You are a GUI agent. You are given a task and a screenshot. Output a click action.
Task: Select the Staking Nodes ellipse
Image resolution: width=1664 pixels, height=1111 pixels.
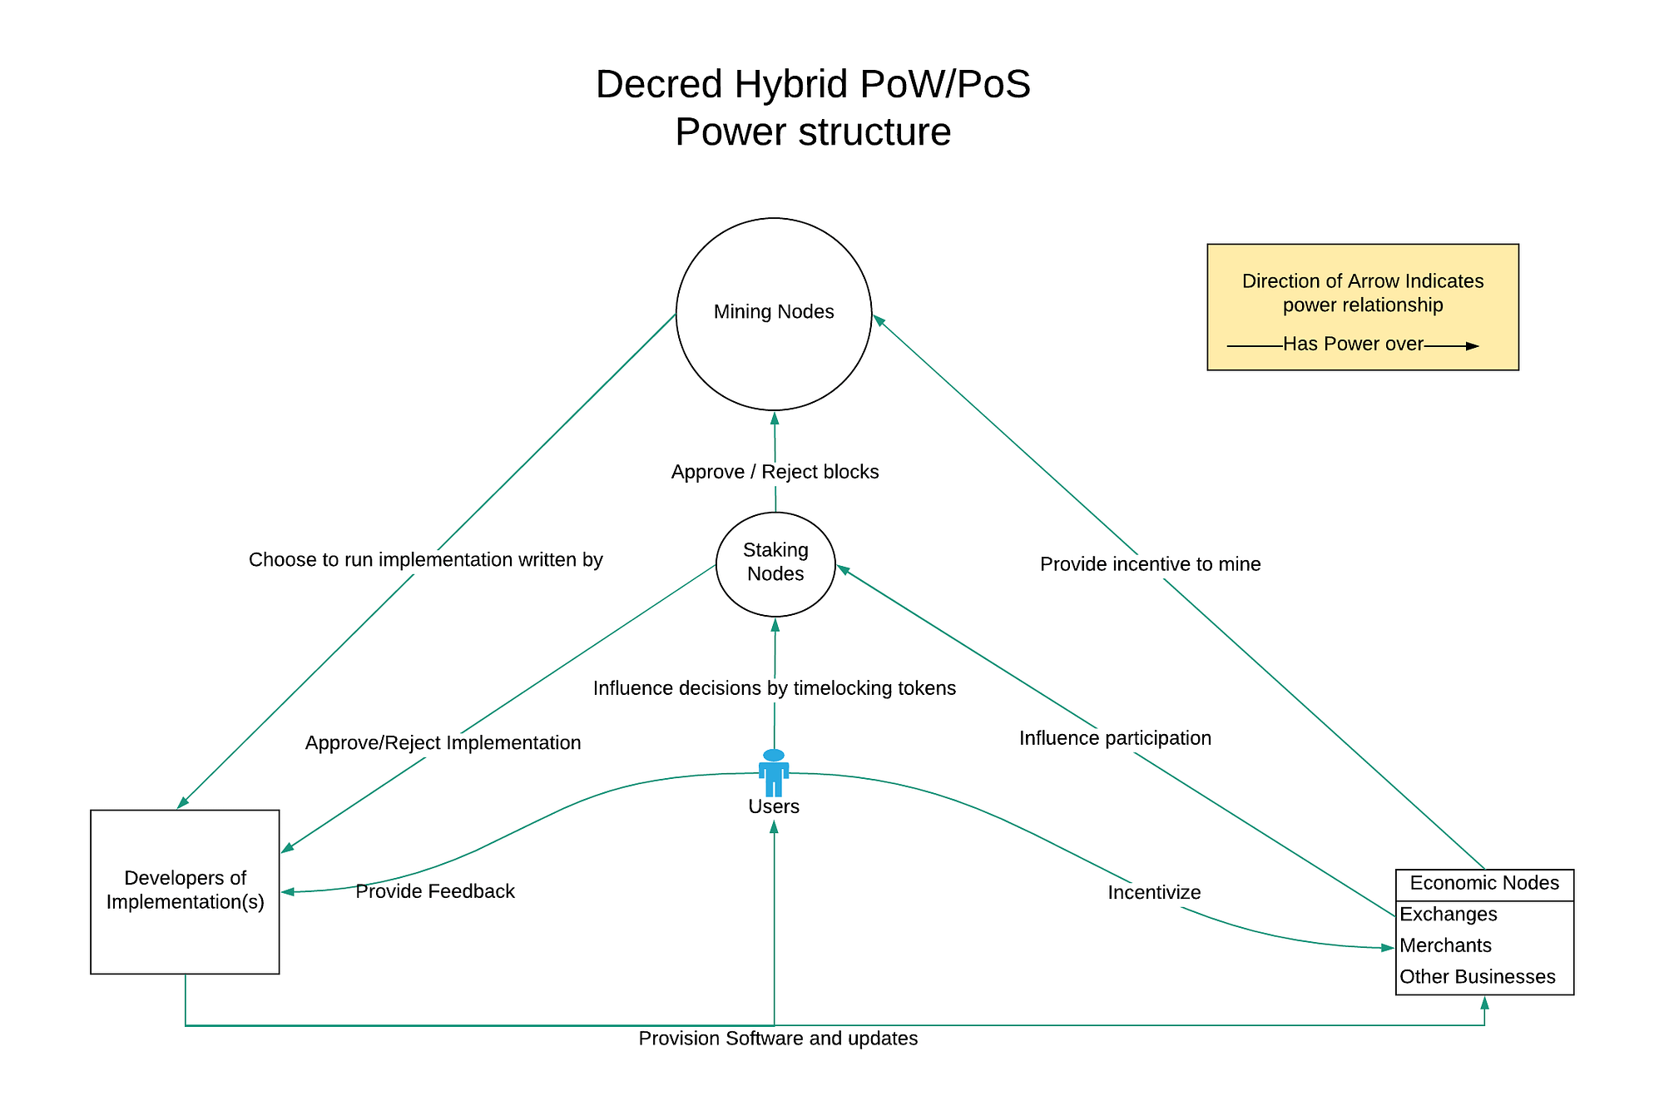[775, 563]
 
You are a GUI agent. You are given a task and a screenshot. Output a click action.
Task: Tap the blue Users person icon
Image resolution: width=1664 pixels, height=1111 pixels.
[774, 772]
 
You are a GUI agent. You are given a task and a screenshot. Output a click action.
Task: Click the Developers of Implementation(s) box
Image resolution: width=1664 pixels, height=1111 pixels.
[185, 891]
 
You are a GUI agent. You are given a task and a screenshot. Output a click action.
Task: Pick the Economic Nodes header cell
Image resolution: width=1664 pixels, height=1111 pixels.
[1484, 884]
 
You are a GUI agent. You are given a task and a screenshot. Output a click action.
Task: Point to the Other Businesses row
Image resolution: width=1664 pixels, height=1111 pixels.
[1477, 977]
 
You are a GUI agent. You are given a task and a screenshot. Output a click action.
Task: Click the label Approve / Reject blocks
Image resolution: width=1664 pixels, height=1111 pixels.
[775, 472]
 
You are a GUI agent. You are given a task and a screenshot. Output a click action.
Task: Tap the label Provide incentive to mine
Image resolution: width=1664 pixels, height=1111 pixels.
[1150, 564]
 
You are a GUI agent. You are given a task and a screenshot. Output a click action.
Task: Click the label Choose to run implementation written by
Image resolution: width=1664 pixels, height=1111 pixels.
[425, 560]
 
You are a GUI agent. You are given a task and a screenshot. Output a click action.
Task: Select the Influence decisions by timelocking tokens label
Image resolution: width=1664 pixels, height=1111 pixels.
[774, 688]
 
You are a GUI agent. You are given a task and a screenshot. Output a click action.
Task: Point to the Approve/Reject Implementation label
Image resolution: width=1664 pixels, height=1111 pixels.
[443, 743]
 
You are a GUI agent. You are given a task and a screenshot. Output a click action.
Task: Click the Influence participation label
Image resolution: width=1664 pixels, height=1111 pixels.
[1115, 738]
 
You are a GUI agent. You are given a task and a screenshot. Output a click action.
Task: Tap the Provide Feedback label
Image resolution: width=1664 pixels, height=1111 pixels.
[435, 891]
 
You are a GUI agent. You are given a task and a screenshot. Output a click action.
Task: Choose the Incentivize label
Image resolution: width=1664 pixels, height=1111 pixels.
[1154, 893]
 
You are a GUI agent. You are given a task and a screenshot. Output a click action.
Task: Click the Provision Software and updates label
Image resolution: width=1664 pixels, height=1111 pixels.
[778, 1039]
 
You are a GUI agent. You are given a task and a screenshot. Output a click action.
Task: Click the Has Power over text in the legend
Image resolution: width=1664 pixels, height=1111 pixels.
[1353, 345]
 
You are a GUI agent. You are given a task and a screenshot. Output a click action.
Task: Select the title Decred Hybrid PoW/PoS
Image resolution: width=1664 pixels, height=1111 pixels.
[813, 85]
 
